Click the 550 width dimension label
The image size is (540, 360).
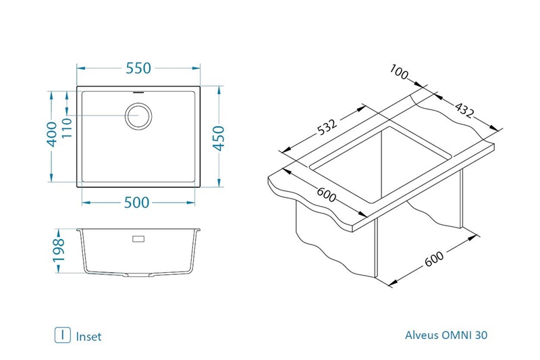[x=138, y=68]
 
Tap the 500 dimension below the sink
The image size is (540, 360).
[x=137, y=203]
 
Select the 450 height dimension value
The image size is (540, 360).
[x=219, y=138]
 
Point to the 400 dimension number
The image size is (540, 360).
[x=52, y=134]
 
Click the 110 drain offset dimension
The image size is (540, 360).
[x=67, y=128]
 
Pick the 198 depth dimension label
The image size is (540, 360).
[x=59, y=250]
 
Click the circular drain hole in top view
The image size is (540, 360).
[x=138, y=115]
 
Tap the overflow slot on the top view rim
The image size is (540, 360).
[x=138, y=93]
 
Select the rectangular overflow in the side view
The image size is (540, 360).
[x=138, y=239]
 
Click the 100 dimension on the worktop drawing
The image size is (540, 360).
[x=399, y=72]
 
